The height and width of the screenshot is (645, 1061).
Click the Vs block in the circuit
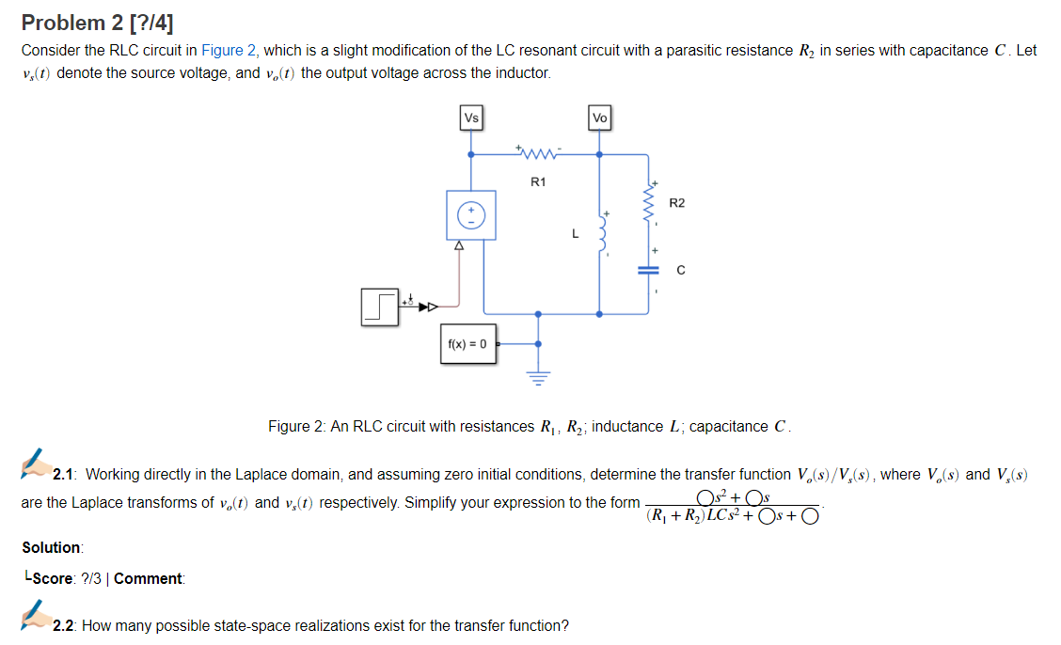(471, 118)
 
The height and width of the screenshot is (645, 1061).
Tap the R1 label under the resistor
(537, 181)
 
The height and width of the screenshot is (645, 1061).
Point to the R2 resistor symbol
(648, 200)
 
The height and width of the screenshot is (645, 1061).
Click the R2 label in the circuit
(677, 203)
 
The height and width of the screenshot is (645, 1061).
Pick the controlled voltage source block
(470, 215)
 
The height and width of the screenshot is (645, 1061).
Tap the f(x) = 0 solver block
(467, 343)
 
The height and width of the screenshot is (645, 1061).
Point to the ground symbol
(538, 379)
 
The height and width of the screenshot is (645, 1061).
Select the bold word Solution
(52, 547)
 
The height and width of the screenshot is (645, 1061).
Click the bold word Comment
(149, 578)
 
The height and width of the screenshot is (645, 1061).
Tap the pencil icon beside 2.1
(36, 464)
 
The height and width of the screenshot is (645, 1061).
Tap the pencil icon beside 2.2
(36, 618)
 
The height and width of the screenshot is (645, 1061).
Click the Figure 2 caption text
(530, 427)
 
